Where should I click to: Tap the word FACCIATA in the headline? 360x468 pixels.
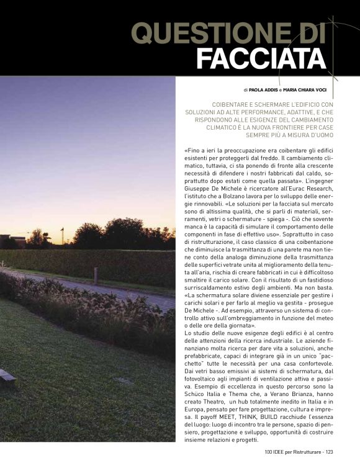tap(261, 59)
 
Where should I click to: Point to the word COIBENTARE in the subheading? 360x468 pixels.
tap(235, 104)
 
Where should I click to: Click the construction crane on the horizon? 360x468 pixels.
tap(62, 235)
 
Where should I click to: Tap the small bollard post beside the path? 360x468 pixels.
tap(96, 276)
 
